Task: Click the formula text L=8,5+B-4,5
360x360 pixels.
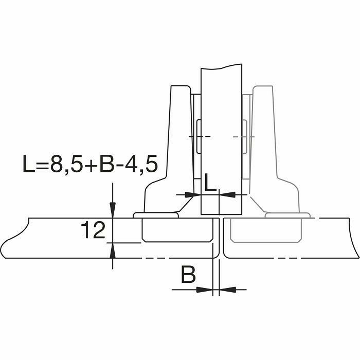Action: [x=90, y=164]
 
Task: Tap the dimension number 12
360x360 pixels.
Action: [x=93, y=230]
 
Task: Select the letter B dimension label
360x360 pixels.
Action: [x=188, y=274]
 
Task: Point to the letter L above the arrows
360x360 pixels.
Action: [x=210, y=183]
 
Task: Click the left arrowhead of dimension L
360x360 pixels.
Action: [x=193, y=195]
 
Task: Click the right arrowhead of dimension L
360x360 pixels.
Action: [x=227, y=195]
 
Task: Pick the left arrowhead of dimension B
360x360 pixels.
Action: [x=205, y=290]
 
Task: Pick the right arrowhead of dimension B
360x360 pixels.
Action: [x=227, y=290]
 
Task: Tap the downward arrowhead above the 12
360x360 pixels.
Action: [x=112, y=210]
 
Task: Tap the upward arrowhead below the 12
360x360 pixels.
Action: [x=112, y=250]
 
